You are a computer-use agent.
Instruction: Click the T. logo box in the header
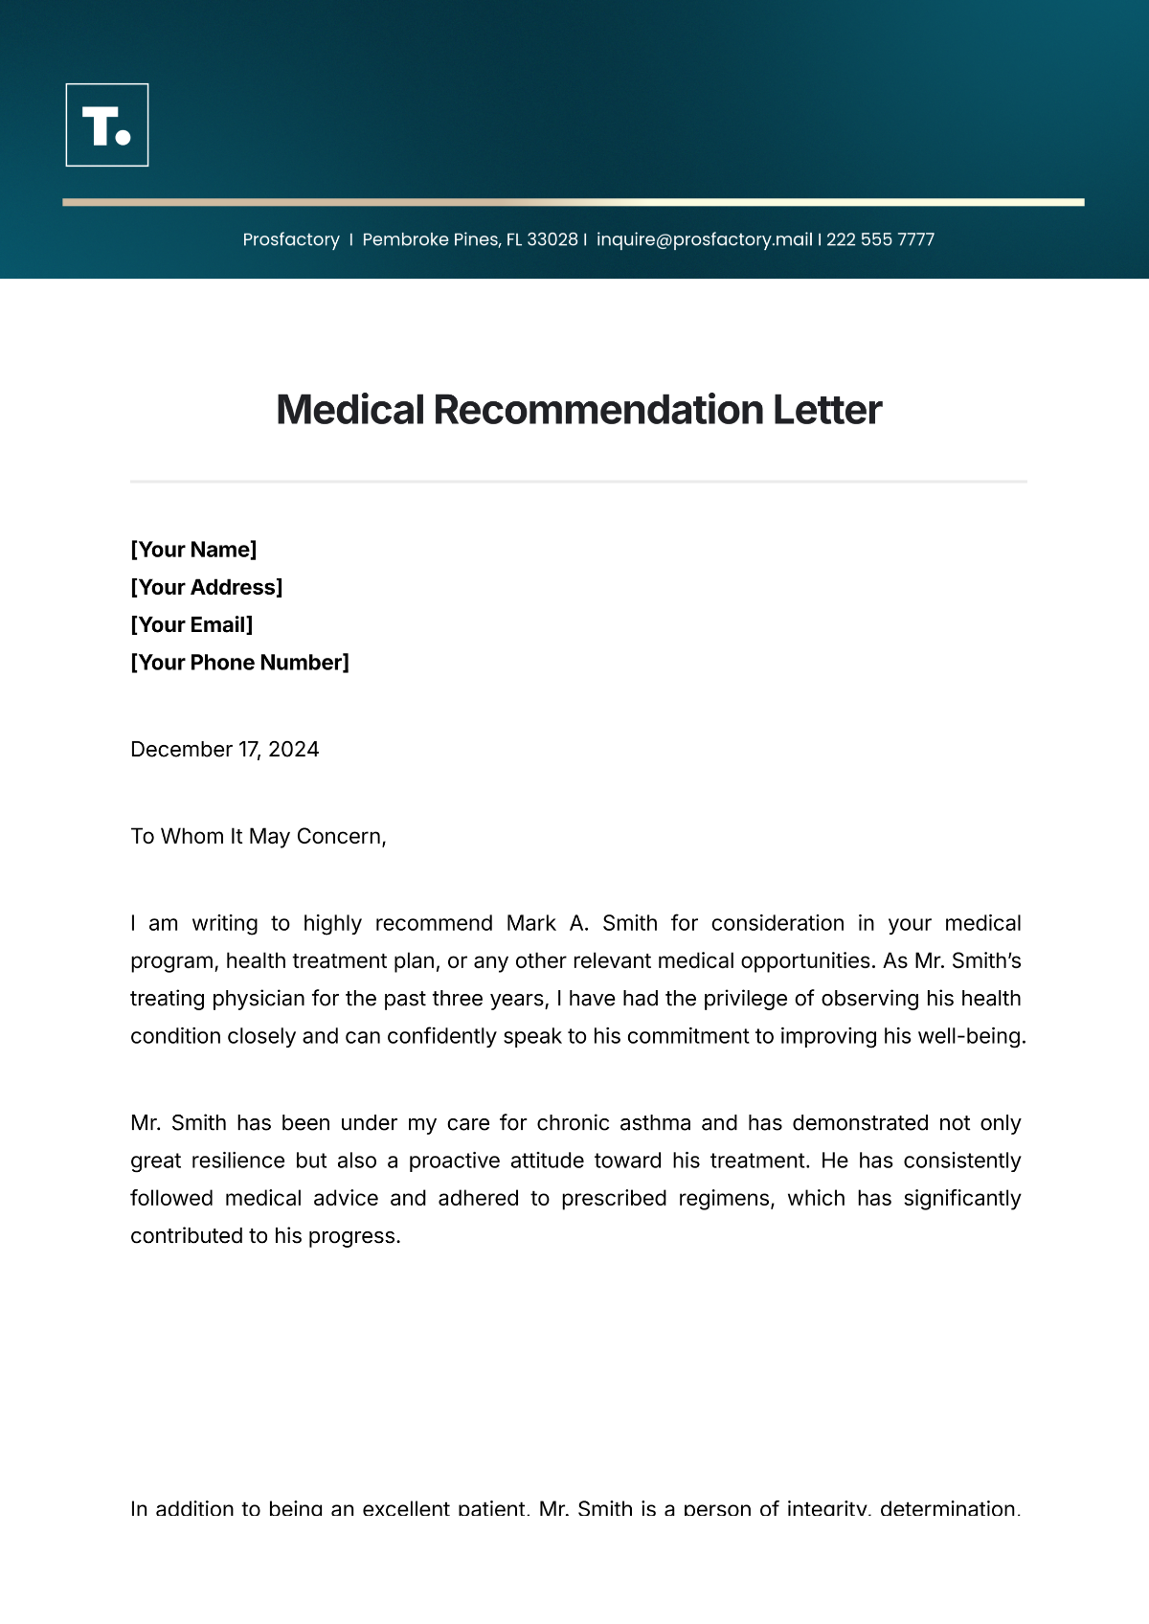pyautogui.click(x=107, y=125)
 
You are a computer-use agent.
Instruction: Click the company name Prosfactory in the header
pyautogui.click(x=291, y=239)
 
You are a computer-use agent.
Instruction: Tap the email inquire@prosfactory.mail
pyautogui.click(x=704, y=239)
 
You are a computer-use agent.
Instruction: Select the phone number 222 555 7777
pyautogui.click(x=880, y=239)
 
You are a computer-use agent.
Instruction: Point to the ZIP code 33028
pyautogui.click(x=552, y=239)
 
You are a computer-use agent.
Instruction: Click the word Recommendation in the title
pyautogui.click(x=597, y=410)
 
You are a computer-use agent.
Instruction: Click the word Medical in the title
pyautogui.click(x=349, y=410)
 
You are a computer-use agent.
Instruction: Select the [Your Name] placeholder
pyautogui.click(x=193, y=550)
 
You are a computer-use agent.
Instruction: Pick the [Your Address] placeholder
pyautogui.click(x=207, y=587)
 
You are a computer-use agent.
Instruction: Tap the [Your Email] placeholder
pyautogui.click(x=191, y=625)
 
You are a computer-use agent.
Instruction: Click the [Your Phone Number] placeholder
pyautogui.click(x=239, y=663)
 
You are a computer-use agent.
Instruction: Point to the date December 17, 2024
pyautogui.click(x=224, y=750)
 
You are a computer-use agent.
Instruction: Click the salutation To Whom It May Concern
pyautogui.click(x=258, y=837)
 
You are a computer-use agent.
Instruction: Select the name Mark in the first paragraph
pyautogui.click(x=531, y=923)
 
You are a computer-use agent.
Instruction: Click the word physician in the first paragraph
pyautogui.click(x=258, y=999)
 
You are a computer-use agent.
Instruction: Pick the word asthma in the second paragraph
pyautogui.click(x=655, y=1123)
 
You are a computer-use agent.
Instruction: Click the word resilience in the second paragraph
pyautogui.click(x=237, y=1161)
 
